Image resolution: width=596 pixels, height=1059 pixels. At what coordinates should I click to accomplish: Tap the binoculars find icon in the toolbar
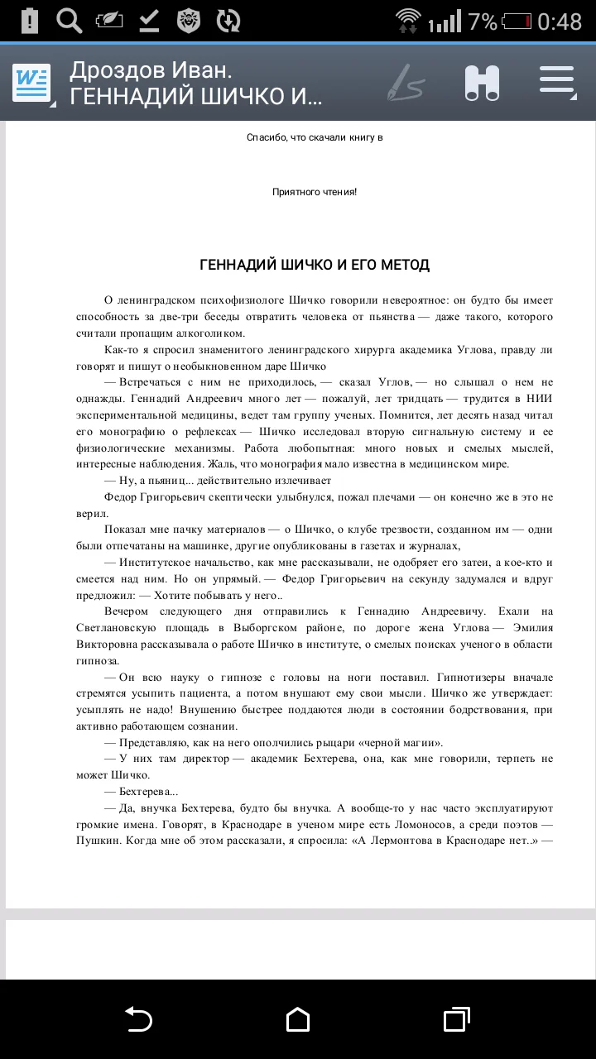pyautogui.click(x=482, y=82)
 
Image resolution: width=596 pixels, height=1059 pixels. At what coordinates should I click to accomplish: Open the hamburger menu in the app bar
pyautogui.click(x=556, y=81)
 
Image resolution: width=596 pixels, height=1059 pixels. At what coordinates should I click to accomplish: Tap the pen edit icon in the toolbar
pyautogui.click(x=405, y=83)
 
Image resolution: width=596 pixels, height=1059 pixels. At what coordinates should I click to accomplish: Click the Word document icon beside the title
pyautogui.click(x=31, y=83)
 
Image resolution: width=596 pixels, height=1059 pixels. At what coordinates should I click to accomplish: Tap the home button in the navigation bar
pyautogui.click(x=298, y=1019)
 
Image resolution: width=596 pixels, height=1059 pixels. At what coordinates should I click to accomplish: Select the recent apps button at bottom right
pyautogui.click(x=456, y=1019)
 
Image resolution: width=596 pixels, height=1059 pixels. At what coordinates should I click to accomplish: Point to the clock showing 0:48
pyautogui.click(x=560, y=22)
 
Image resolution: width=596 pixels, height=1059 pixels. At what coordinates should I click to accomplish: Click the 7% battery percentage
pyautogui.click(x=482, y=22)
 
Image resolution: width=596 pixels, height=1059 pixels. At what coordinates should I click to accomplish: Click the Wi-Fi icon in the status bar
pyautogui.click(x=408, y=20)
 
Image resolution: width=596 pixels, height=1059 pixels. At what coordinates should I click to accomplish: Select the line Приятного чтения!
pyautogui.click(x=315, y=192)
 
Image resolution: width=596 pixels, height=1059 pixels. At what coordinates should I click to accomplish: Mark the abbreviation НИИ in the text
pyautogui.click(x=539, y=399)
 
